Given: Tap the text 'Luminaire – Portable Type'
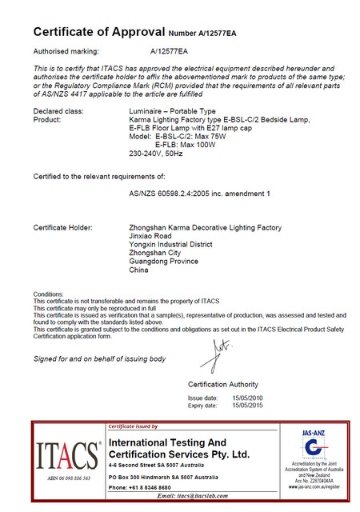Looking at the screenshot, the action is pyautogui.click(x=172, y=110).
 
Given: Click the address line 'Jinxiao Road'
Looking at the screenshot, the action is pyautogui.click(x=150, y=237).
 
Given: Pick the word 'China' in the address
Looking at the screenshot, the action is pyautogui.click(x=138, y=270).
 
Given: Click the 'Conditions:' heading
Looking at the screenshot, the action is pyautogui.click(x=47, y=294).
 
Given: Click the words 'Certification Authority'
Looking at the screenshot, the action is pyautogui.click(x=222, y=385).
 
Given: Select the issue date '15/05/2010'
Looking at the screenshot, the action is pyautogui.click(x=247, y=398).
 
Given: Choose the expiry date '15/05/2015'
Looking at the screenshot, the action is pyautogui.click(x=247, y=406).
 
